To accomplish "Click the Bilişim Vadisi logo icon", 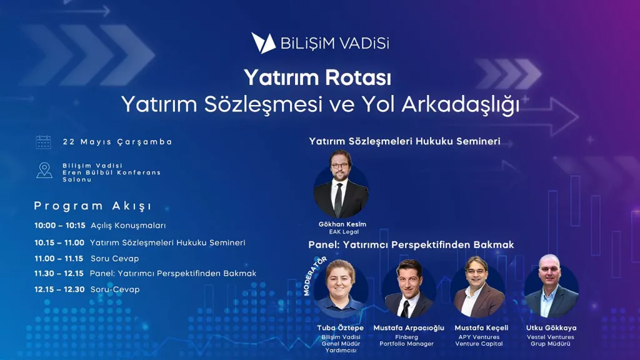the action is click(263, 43).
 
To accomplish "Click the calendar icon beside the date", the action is click(43, 142).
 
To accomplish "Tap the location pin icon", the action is click(44, 171).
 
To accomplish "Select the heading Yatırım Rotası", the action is click(317, 77).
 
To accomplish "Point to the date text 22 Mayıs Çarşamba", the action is click(117, 142).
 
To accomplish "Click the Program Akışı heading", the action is click(92, 206).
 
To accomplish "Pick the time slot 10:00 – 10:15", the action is click(60, 225).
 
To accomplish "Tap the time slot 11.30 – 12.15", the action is click(59, 274).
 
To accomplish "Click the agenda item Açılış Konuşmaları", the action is click(128, 225).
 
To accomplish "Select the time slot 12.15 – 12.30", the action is click(59, 289).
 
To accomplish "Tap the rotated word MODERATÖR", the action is click(315, 276).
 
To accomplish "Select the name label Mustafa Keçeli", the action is click(481, 327).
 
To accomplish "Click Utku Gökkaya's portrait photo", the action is click(551, 286).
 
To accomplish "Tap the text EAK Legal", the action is click(344, 232).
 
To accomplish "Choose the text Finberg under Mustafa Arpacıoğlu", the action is click(406, 337).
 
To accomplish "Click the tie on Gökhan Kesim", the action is click(338, 200).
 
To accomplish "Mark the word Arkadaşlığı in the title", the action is click(461, 105).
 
